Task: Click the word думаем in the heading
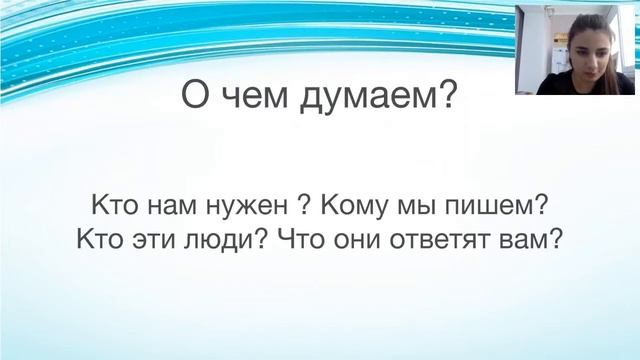pos(376,97)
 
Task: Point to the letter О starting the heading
pos(196,97)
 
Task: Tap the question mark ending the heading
pos(447,97)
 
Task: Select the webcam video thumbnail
pos(576,48)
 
